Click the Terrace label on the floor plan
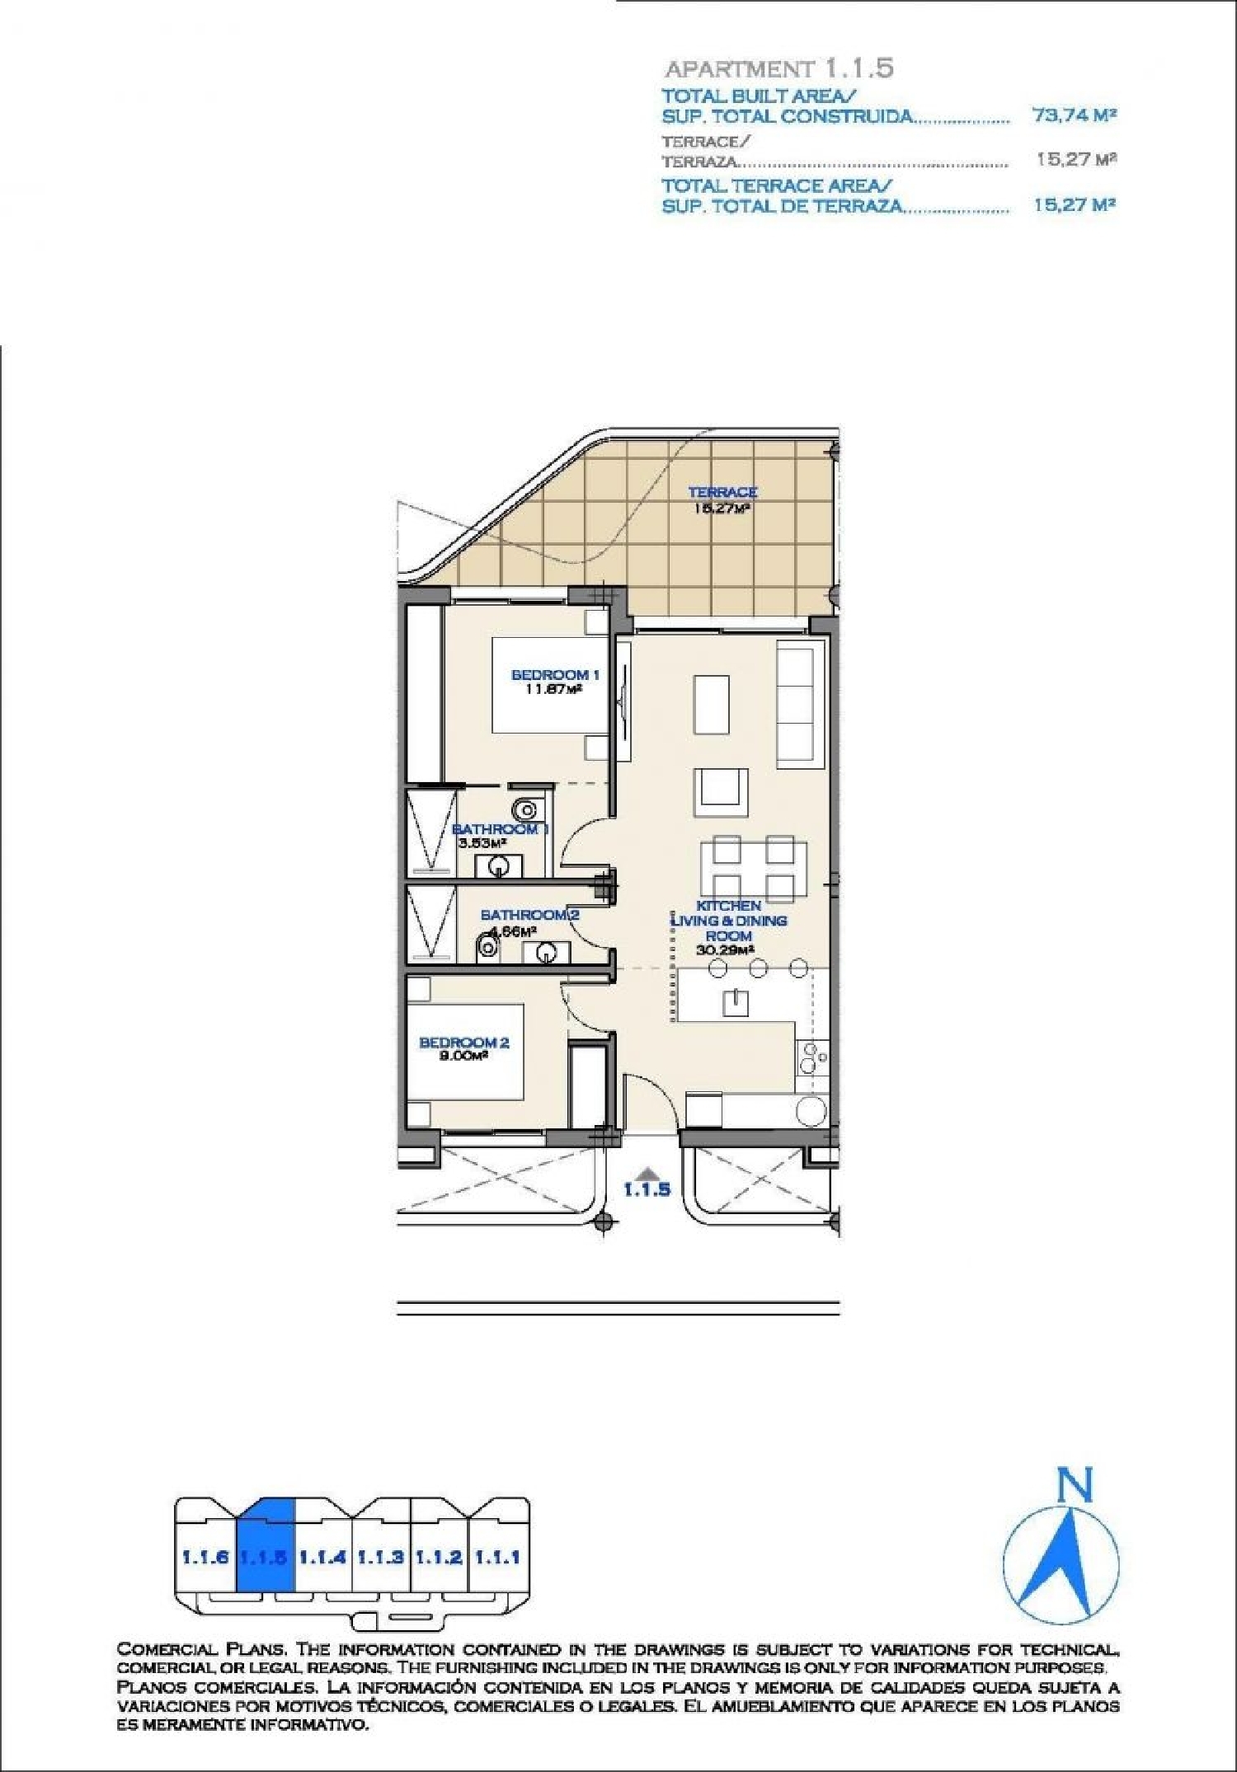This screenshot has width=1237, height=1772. pos(722,492)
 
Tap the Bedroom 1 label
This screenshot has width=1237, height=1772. pos(555,675)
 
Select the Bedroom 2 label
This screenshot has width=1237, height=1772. pos(464,1043)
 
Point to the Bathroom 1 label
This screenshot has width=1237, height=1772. pos(501,828)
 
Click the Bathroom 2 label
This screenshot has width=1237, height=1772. pos(529,915)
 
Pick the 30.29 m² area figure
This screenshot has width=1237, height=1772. pos(727,949)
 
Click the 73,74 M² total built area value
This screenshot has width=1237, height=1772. pos(1074,115)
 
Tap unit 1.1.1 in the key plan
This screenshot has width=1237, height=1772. pos(497,1557)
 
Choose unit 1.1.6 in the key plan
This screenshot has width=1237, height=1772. pos(205,1557)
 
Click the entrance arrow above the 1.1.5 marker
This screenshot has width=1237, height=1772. pos(647,1172)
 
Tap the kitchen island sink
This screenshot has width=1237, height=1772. pos(736,1002)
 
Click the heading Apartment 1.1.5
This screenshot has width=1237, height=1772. pos(778,68)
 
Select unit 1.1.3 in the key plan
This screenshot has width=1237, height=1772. pos(380,1557)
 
